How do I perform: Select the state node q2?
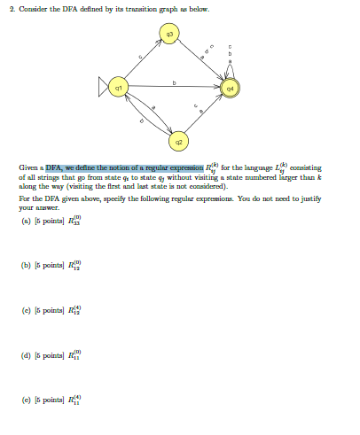point(178,138)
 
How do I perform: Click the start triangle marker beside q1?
point(106,86)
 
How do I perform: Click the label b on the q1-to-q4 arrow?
point(175,82)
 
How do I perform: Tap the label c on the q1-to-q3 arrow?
point(140,58)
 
